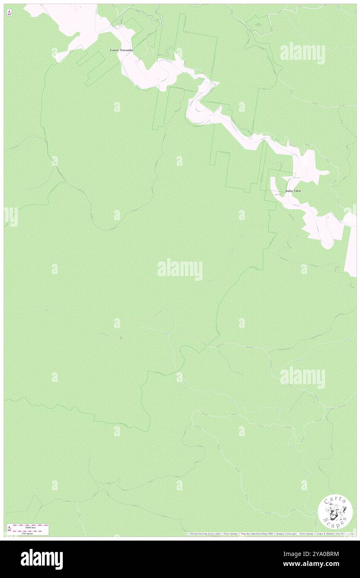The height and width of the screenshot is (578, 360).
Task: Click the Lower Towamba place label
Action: pyautogui.click(x=121, y=50)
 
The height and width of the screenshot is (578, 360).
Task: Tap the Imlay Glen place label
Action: pyautogui.click(x=293, y=191)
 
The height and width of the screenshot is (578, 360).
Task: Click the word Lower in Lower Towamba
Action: pyautogui.click(x=115, y=50)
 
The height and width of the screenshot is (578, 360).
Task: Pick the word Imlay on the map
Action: pyautogui.click(x=289, y=191)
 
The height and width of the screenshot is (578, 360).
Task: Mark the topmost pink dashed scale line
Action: pyautogui.click(x=31, y=525)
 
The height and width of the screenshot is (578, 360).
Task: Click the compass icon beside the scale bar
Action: pyautogui.click(x=9, y=529)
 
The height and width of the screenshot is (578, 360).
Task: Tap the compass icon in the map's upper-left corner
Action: pyautogui.click(x=9, y=13)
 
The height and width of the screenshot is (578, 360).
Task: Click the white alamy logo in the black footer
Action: pyautogui.click(x=42, y=559)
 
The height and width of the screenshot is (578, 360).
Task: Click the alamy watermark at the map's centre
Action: pyautogui.click(x=180, y=269)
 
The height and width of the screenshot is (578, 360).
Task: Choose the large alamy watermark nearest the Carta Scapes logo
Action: pyautogui.click(x=302, y=378)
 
